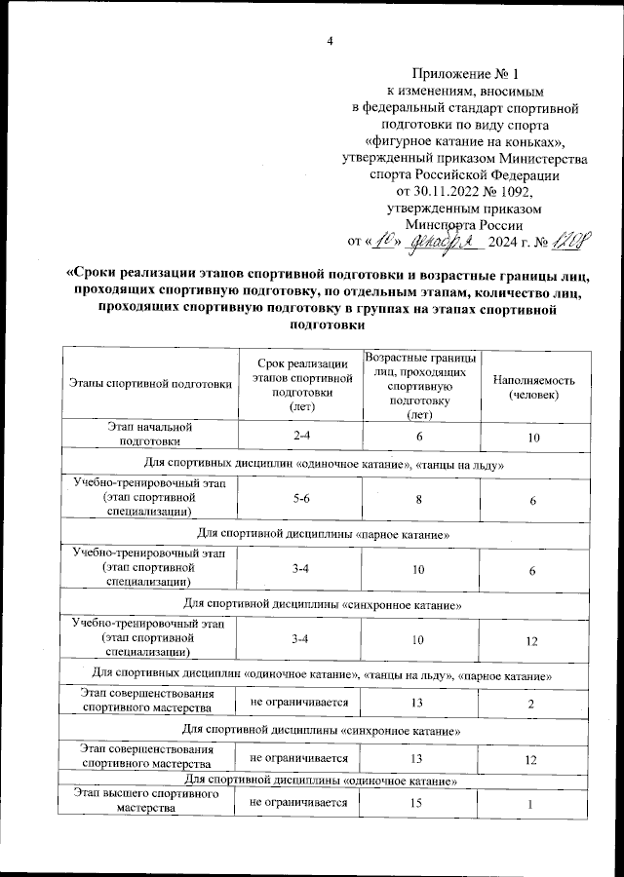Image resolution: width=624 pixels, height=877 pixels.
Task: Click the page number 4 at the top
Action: tap(331, 41)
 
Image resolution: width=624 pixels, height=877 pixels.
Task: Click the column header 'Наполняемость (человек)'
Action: tap(534, 387)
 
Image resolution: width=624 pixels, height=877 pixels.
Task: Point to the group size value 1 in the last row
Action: tap(532, 804)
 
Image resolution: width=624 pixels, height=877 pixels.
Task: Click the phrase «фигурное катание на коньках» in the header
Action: tap(471, 142)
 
